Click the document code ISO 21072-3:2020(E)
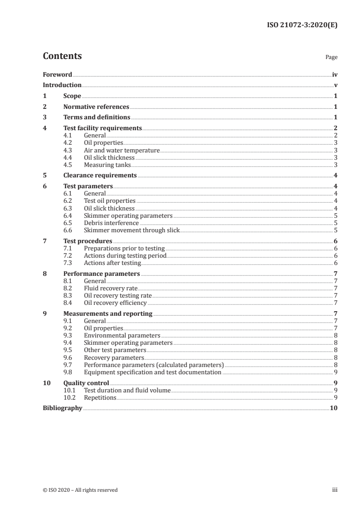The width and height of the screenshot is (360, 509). pyautogui.click(x=302, y=25)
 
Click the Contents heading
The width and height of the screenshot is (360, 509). pyautogui.click(x=62, y=56)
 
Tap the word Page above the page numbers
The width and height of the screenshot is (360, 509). pyautogui.click(x=331, y=58)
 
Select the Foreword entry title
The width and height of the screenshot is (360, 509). pyautogui.click(x=57, y=74)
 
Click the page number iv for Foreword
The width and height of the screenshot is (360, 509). pyautogui.click(x=335, y=74)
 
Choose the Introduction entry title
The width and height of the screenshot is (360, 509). pyautogui.click(x=62, y=85)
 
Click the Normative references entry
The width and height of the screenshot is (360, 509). pyautogui.click(x=96, y=107)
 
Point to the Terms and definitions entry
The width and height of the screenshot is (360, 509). pyautogui.click(x=97, y=117)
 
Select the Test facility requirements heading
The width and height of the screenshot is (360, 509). pyautogui.click(x=103, y=128)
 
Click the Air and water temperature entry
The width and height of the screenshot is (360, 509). pyautogui.click(x=122, y=150)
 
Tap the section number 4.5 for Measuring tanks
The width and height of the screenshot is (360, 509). pyautogui.click(x=68, y=165)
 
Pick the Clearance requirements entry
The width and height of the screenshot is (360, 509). pyautogui.click(x=100, y=176)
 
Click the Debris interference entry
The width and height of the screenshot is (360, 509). pyautogui.click(x=111, y=223)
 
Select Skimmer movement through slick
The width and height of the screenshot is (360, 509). pyautogui.click(x=132, y=230)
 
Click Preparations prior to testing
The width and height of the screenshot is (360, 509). pyautogui.click(x=124, y=249)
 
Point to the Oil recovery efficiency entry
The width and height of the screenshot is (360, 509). pyautogui.click(x=115, y=303)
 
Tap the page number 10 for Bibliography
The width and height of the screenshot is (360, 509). pyautogui.click(x=334, y=408)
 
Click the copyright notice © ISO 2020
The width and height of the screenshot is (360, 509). pyautogui.click(x=80, y=490)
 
